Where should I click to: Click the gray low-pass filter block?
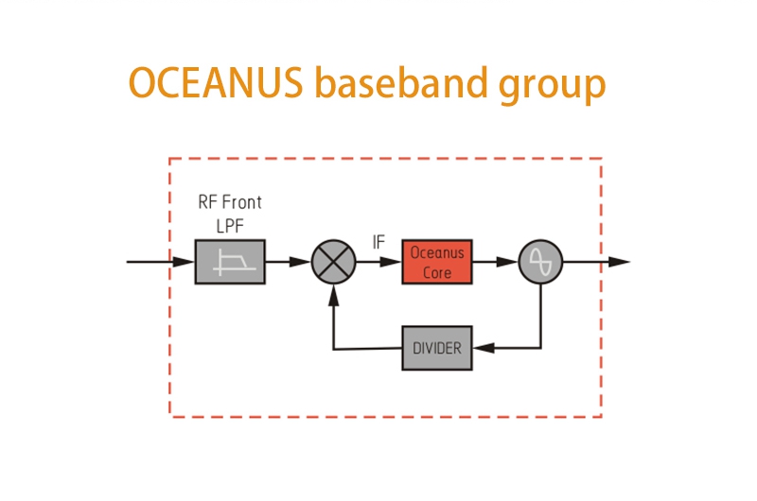tap(230, 261)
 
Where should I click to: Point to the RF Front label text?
tap(229, 202)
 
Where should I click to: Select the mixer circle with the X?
tap(333, 261)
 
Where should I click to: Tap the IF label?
tap(378, 242)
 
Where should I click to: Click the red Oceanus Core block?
tap(437, 262)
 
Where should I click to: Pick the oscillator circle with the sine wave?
tap(540, 261)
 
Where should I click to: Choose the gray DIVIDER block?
tap(436, 348)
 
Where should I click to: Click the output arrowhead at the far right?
tap(619, 262)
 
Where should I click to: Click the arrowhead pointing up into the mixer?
tap(333, 293)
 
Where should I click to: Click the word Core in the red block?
tap(437, 271)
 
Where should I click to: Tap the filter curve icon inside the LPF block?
tap(230, 262)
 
